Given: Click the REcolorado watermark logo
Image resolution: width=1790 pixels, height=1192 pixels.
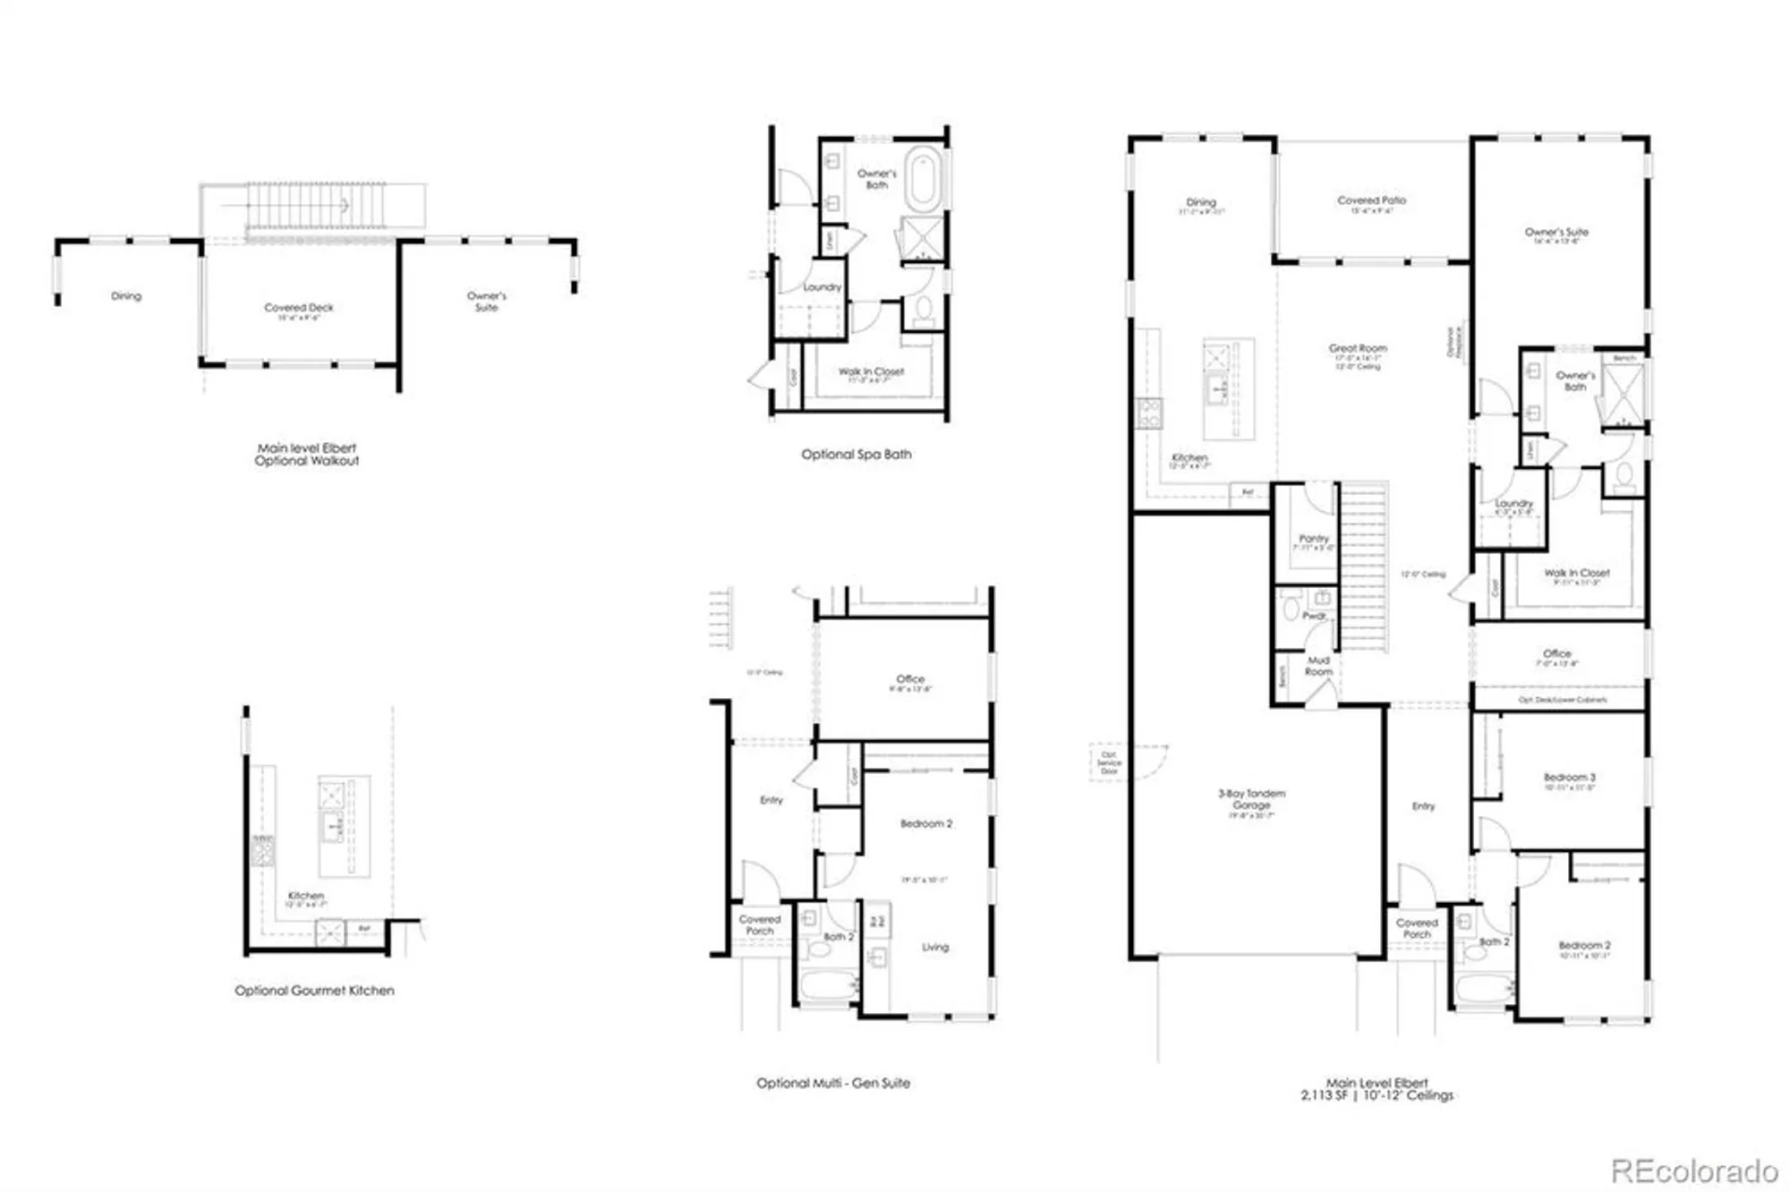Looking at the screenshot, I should click(1693, 1170).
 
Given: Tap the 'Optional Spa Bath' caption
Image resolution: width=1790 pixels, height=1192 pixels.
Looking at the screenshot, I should click(856, 455).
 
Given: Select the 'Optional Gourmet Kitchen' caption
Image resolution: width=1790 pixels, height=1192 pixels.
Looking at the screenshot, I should click(314, 991).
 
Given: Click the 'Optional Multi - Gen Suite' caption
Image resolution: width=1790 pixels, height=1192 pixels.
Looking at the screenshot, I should click(832, 1083).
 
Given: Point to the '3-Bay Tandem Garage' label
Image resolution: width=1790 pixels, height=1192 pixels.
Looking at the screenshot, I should click(1251, 799).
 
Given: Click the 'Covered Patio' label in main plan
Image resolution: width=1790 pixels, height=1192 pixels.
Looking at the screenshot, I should click(1371, 200).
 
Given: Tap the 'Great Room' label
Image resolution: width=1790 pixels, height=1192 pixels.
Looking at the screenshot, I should click(1358, 348).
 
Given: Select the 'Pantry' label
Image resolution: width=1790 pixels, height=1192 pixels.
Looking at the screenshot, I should click(1313, 539).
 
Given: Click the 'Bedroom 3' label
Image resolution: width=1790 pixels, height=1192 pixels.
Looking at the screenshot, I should click(1569, 778).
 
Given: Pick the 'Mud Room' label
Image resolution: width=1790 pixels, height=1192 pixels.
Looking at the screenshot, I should click(1318, 666).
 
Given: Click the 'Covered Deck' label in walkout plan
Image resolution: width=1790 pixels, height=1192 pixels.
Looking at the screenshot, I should click(298, 308).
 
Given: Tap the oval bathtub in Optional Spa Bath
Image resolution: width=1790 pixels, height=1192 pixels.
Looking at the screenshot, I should click(923, 179).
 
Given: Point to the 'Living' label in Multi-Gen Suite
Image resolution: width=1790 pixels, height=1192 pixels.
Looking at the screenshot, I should click(935, 947).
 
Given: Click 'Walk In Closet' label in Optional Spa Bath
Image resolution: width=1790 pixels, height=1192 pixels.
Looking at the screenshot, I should click(870, 371).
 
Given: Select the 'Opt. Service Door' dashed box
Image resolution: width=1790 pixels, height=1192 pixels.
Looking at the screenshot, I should click(1109, 762).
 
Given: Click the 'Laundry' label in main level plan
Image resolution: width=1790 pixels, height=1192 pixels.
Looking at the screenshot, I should click(1513, 504).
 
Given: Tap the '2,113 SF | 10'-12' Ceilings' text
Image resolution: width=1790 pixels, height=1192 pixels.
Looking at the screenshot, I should click(1377, 1095).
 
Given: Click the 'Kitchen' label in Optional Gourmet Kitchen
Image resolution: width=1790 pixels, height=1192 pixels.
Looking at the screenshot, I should click(305, 896).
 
